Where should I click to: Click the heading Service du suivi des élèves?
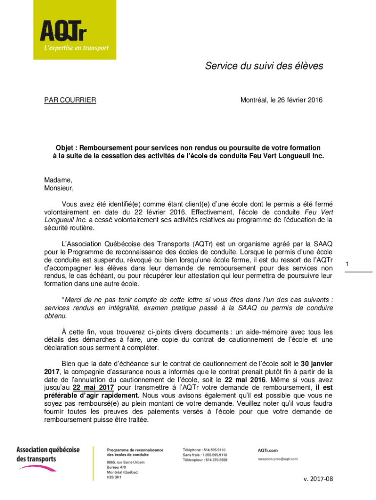264,66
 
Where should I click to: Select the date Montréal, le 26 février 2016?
281,101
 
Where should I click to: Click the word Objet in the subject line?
64,147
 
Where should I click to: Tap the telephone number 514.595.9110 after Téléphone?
215,450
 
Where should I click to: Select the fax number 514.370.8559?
216,460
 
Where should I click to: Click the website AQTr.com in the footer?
268,450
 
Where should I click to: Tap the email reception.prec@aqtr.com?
277,459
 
